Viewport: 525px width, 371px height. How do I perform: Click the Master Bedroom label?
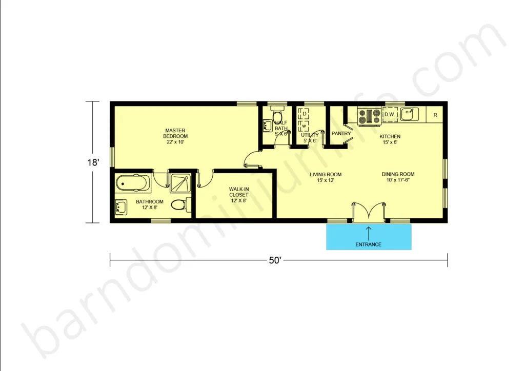click(175, 136)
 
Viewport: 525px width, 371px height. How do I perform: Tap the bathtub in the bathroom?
click(133, 183)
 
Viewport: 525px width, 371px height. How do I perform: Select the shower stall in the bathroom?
click(180, 183)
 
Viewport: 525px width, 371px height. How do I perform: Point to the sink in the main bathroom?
click(121, 207)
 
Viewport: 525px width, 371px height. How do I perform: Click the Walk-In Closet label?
click(239, 195)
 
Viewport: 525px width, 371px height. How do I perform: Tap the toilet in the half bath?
click(277, 115)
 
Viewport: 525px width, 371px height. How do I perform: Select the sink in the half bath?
click(268, 126)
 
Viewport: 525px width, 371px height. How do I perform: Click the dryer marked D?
click(305, 114)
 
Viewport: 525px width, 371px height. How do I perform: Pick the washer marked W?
click(304, 126)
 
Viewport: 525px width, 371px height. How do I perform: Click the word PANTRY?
click(341, 133)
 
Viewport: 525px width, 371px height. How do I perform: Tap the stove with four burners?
click(369, 116)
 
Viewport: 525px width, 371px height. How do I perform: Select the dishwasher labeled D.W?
click(390, 114)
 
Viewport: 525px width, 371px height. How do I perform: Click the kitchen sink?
click(409, 114)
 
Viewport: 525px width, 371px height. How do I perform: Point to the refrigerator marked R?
click(435, 115)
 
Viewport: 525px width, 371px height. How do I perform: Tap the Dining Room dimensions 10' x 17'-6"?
click(398, 180)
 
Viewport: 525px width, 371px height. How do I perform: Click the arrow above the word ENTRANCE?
click(369, 234)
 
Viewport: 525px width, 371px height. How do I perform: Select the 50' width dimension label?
click(275, 260)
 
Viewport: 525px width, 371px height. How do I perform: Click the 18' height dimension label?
click(93, 162)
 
